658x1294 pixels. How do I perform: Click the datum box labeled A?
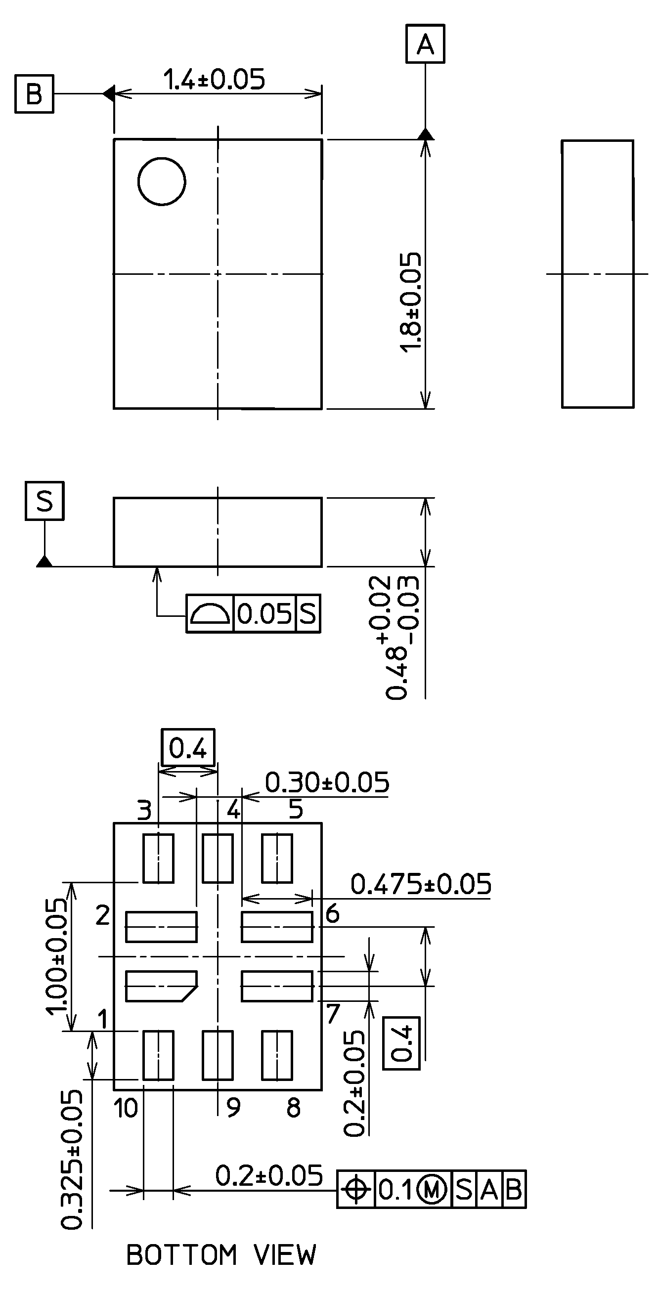[425, 44]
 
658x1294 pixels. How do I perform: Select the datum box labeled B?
[34, 94]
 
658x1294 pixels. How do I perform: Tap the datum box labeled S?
[44, 501]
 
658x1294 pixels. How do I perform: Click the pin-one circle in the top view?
[161, 181]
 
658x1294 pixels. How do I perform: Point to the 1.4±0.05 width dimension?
[214, 80]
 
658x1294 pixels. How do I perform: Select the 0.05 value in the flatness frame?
[264, 613]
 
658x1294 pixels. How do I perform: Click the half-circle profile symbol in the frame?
[210, 613]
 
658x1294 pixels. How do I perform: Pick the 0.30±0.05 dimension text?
[327, 782]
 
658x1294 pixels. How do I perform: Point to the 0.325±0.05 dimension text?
[71, 1159]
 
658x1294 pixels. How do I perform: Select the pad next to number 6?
[277, 927]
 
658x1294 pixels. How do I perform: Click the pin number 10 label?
[126, 1108]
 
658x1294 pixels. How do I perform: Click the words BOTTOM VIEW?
[221, 1254]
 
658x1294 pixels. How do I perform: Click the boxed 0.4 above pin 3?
[188, 748]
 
